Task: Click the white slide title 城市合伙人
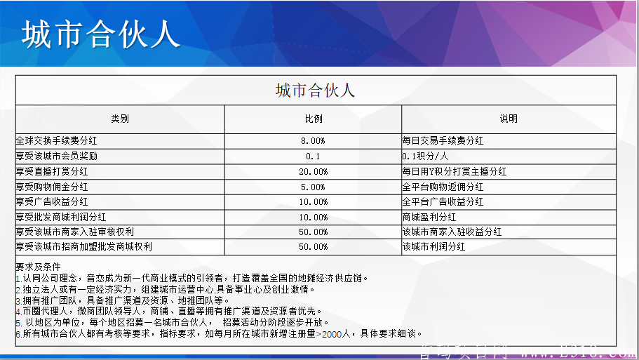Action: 100,33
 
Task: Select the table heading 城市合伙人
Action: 315,90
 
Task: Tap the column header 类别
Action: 120,119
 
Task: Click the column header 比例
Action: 313,119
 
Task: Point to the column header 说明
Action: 509,119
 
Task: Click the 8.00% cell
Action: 313,141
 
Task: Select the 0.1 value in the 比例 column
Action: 313,156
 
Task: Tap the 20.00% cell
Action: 313,172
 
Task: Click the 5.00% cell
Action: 313,187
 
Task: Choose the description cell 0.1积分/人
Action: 425,156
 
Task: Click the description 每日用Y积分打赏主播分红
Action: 454,171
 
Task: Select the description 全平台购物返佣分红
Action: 443,187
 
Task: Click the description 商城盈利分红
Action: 429,217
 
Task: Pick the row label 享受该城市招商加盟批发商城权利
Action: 83,247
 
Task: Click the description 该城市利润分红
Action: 433,247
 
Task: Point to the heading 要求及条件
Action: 38,267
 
